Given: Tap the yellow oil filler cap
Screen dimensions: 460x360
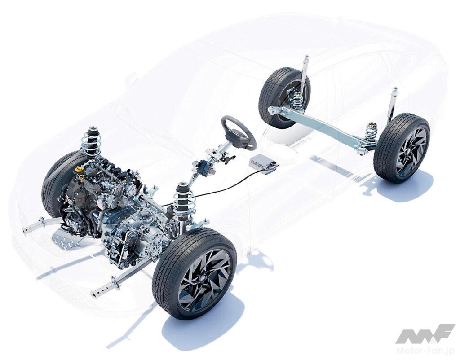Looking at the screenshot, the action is click(80, 169).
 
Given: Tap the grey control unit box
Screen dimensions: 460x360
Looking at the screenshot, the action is click(263, 165).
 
